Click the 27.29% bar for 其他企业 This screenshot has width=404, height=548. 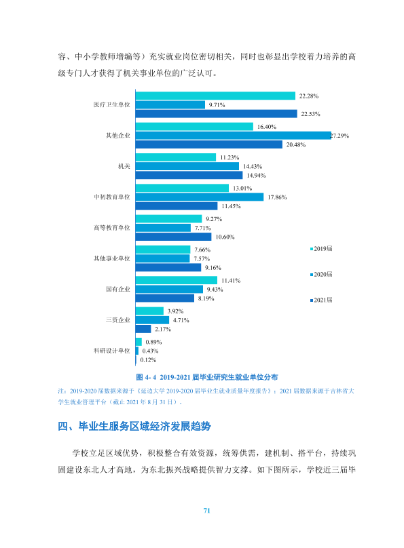[234, 136]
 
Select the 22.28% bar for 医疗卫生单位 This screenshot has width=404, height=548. [215, 96]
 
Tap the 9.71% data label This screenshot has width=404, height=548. [217, 105]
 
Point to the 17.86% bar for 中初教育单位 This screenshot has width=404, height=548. [200, 197]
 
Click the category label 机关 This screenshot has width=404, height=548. [124, 166]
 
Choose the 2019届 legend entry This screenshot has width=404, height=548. [321, 249]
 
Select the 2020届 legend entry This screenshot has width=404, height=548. [321, 275]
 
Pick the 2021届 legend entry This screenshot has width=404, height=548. [321, 300]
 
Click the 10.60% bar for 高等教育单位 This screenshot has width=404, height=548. [174, 237]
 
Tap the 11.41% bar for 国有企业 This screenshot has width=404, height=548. [177, 280]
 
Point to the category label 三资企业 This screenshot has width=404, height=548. [118, 320]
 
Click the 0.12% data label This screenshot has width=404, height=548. [148, 360]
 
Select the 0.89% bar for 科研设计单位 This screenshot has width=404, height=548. [139, 342]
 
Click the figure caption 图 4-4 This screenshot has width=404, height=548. [206, 378]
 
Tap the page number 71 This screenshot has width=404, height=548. [206, 511]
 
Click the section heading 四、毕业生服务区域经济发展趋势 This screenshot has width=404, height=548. [134, 427]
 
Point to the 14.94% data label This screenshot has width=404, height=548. [256, 176]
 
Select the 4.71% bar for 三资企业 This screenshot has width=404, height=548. [152, 320]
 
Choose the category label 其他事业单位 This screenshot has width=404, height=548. [111, 258]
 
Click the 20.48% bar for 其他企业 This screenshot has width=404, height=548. [209, 144]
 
